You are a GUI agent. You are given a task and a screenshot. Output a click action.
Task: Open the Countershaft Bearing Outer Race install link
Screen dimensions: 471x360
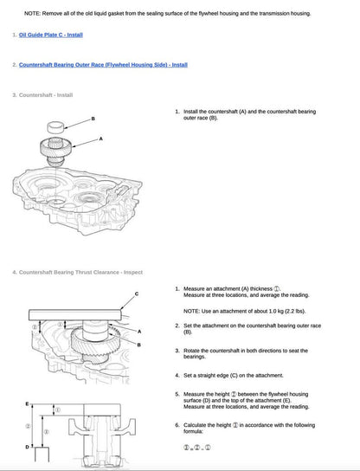click(x=103, y=65)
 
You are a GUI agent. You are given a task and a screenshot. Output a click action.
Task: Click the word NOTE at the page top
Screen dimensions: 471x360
click(x=33, y=14)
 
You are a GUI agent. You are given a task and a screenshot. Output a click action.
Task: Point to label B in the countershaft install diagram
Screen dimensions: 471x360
click(x=93, y=118)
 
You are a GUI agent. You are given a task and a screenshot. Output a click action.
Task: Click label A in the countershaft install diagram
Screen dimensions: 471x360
click(x=100, y=139)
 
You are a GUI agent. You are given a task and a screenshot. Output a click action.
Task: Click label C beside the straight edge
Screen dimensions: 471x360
click(x=136, y=295)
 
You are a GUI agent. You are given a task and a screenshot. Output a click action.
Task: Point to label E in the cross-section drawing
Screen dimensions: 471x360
click(x=27, y=403)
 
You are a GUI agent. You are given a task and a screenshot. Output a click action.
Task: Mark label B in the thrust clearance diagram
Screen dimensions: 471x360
click(x=138, y=344)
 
